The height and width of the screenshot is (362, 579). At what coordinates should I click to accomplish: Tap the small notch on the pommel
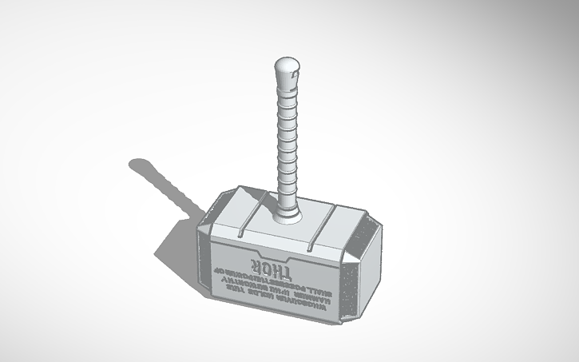tap(294, 75)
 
